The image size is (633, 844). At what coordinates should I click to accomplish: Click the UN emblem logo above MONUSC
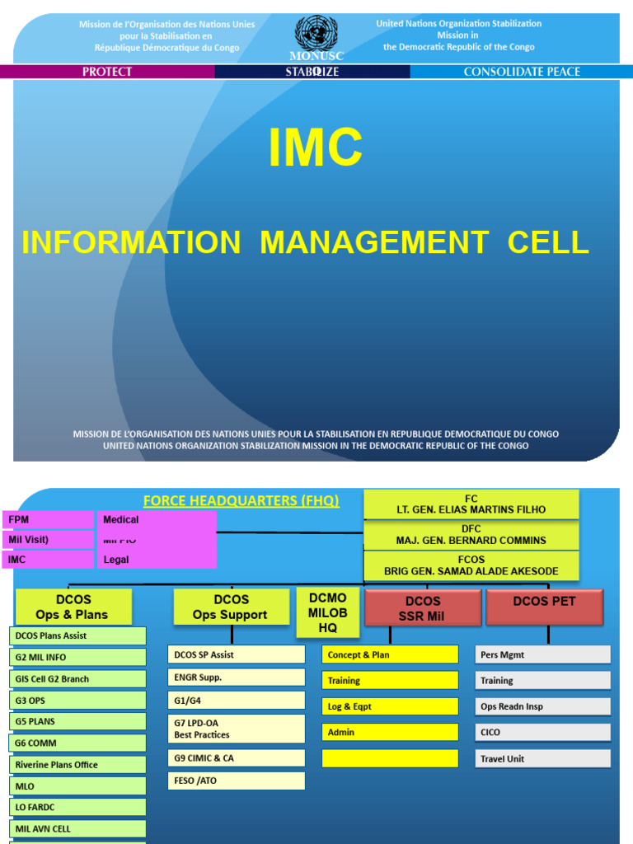[316, 33]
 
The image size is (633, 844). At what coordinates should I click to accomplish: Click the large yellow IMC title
[316, 148]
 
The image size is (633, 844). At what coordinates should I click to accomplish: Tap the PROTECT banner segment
[107, 72]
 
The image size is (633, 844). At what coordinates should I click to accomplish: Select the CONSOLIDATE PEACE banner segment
[522, 72]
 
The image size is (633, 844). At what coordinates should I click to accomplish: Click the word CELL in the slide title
[548, 242]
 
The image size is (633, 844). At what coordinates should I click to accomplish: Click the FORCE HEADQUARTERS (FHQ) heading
[241, 501]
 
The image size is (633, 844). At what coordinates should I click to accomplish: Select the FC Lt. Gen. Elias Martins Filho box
[471, 504]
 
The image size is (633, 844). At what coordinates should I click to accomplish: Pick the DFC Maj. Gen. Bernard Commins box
[471, 535]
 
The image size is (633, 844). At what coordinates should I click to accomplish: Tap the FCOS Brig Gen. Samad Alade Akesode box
[471, 565]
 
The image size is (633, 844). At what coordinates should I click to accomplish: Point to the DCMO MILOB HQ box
[327, 612]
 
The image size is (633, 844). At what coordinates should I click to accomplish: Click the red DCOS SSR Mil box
[423, 608]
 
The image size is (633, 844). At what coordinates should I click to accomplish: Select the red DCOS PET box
[545, 607]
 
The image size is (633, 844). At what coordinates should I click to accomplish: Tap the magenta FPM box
[49, 520]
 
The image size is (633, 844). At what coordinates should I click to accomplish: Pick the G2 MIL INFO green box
[77, 657]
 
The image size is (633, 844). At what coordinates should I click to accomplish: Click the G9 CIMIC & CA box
[237, 757]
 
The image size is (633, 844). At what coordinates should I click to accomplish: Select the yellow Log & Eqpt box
[389, 706]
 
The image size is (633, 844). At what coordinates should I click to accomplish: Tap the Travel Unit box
[544, 758]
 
